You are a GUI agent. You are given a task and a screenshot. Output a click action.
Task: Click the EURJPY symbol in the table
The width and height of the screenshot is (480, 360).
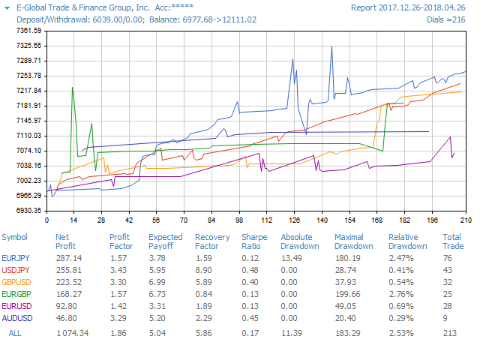tap(15, 257)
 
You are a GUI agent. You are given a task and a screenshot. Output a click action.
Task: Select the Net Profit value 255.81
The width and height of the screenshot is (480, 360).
tap(68, 269)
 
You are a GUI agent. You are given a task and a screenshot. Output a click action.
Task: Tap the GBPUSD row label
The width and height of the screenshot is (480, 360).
tap(16, 281)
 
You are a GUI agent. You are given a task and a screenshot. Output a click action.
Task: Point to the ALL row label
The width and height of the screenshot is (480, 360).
tap(15, 332)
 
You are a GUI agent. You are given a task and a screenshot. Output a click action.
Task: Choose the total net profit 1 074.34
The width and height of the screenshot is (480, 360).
tap(72, 332)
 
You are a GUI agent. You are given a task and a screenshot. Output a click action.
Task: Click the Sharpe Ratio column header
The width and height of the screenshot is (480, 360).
tap(253, 241)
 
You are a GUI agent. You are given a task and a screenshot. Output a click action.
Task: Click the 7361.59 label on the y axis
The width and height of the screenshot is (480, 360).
tap(28, 31)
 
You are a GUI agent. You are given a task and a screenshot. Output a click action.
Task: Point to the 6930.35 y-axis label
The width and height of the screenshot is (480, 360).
tap(28, 210)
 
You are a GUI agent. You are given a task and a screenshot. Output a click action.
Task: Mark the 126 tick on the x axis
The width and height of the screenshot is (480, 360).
tap(295, 220)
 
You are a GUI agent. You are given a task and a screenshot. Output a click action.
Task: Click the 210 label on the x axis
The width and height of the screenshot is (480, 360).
tap(465, 220)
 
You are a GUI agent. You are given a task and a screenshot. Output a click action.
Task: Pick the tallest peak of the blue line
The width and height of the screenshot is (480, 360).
tap(331, 46)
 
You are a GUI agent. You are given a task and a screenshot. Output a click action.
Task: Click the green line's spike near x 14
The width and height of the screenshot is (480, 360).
tap(72, 88)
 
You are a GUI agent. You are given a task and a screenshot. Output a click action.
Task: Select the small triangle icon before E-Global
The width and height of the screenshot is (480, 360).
tap(7, 7)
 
